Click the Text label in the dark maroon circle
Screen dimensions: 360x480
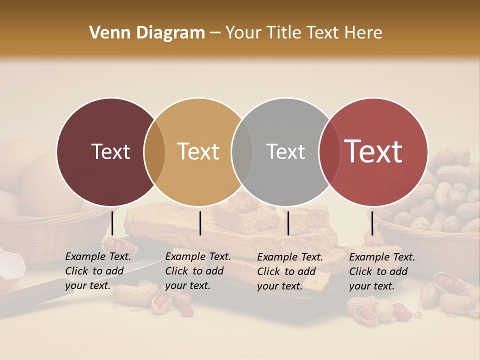110,151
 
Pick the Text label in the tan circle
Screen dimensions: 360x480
198,151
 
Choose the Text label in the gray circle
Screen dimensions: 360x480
285,151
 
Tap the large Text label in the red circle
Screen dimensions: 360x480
373,151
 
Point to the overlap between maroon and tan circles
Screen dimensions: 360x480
154,152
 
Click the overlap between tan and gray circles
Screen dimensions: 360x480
242,152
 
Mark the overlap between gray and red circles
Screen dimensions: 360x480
329,152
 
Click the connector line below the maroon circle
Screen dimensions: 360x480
112,223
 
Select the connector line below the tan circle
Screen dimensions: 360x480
200,223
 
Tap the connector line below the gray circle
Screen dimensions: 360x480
288,223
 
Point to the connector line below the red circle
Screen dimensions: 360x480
372,223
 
